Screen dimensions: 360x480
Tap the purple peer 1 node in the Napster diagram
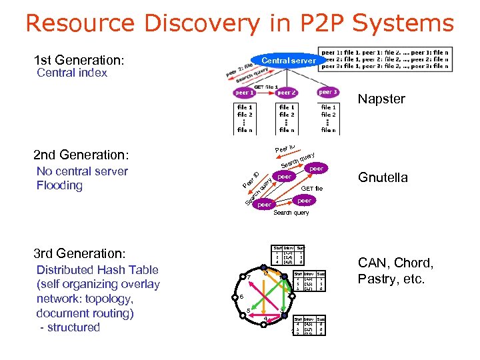tap(244, 93)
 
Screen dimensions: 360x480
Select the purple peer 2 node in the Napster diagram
tap(286, 93)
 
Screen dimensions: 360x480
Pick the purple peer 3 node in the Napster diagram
tap(328, 92)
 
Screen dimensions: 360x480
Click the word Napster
tap(381, 99)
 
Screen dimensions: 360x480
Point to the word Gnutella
tap(383, 178)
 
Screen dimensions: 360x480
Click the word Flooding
tap(59, 185)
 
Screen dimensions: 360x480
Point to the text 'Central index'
tap(72, 73)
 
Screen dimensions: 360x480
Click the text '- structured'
tap(69, 327)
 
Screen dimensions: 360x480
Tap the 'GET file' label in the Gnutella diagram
tap(312, 189)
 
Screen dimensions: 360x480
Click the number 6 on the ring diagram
tap(241, 296)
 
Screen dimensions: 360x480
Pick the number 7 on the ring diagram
tap(248, 277)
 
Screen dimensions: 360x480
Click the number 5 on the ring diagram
tap(248, 311)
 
